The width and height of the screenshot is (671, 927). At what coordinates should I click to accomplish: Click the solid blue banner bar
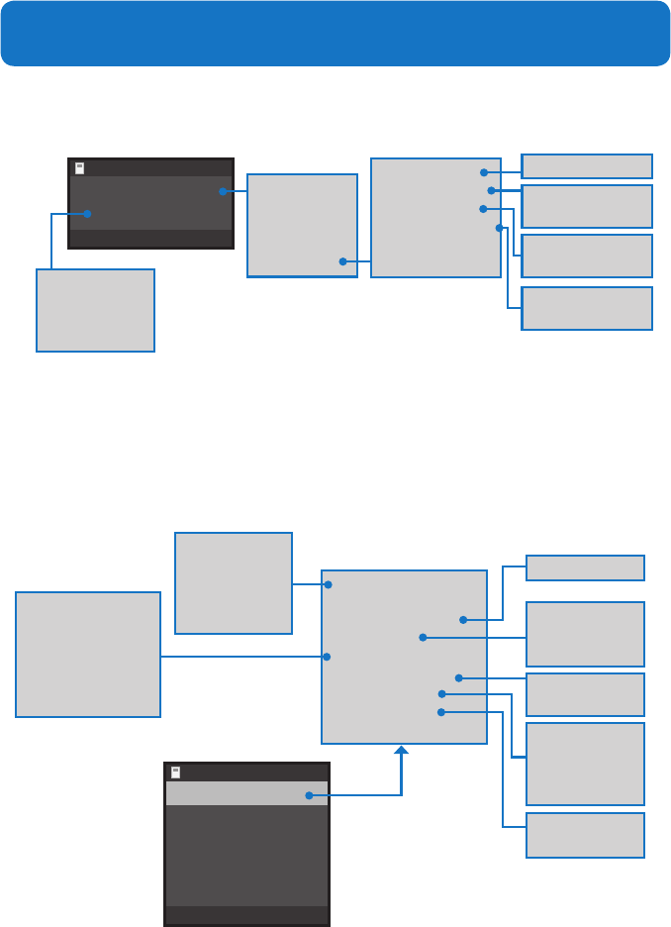[x=335, y=34]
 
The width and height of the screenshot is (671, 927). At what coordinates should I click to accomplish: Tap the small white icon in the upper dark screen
[x=79, y=168]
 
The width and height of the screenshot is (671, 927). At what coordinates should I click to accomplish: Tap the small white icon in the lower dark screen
[x=175, y=772]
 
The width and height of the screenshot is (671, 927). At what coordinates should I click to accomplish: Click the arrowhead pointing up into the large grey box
[x=401, y=751]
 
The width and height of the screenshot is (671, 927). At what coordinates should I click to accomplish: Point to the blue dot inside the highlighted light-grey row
[x=309, y=794]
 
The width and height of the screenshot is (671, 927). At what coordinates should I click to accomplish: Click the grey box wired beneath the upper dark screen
[x=95, y=310]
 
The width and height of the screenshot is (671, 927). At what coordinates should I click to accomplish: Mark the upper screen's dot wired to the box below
[x=87, y=213]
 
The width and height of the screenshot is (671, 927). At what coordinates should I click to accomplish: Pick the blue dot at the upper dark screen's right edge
[x=223, y=191]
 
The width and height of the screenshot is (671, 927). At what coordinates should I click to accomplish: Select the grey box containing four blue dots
[x=435, y=217]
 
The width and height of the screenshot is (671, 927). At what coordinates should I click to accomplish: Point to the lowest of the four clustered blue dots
[x=500, y=228]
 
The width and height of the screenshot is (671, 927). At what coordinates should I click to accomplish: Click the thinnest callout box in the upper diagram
[x=587, y=165]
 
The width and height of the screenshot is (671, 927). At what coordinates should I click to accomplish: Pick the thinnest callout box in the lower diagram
[x=585, y=567]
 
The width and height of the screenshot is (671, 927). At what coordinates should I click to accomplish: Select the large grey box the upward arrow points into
[x=404, y=657]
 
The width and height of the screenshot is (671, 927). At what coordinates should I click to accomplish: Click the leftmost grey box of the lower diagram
[x=88, y=655]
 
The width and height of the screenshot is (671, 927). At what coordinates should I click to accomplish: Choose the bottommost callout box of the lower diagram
[x=585, y=835]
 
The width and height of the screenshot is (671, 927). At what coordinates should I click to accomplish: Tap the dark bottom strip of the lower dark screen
[x=246, y=915]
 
